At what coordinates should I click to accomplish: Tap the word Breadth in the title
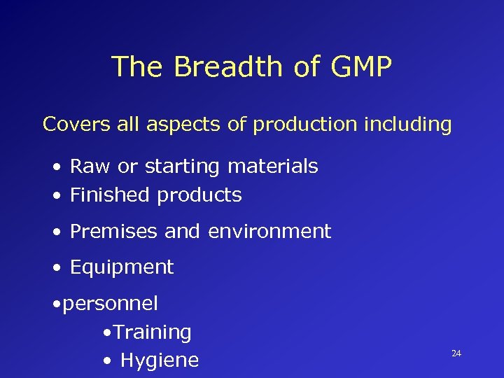coord(226,67)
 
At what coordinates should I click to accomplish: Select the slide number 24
coord(456,353)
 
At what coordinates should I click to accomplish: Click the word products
coord(199,196)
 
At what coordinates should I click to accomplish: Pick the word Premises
coord(114,231)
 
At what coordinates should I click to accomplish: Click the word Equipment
coord(122,267)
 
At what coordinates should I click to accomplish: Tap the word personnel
coord(111,304)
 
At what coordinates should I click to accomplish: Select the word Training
coord(152,332)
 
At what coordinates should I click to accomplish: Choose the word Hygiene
coord(160,361)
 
